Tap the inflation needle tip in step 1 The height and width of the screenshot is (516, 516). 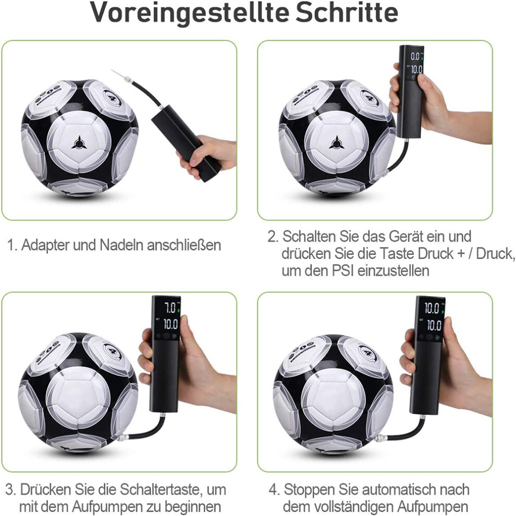[x=112, y=70]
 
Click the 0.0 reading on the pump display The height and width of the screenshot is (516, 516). [x=415, y=57]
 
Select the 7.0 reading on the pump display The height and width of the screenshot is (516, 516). [x=170, y=308]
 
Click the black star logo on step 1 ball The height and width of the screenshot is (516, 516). [x=79, y=143]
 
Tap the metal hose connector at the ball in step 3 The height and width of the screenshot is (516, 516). [x=122, y=438]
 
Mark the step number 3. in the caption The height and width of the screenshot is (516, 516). [x=11, y=489]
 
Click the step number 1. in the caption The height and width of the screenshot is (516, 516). [x=13, y=245]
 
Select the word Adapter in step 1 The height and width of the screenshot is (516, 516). [x=46, y=245]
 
